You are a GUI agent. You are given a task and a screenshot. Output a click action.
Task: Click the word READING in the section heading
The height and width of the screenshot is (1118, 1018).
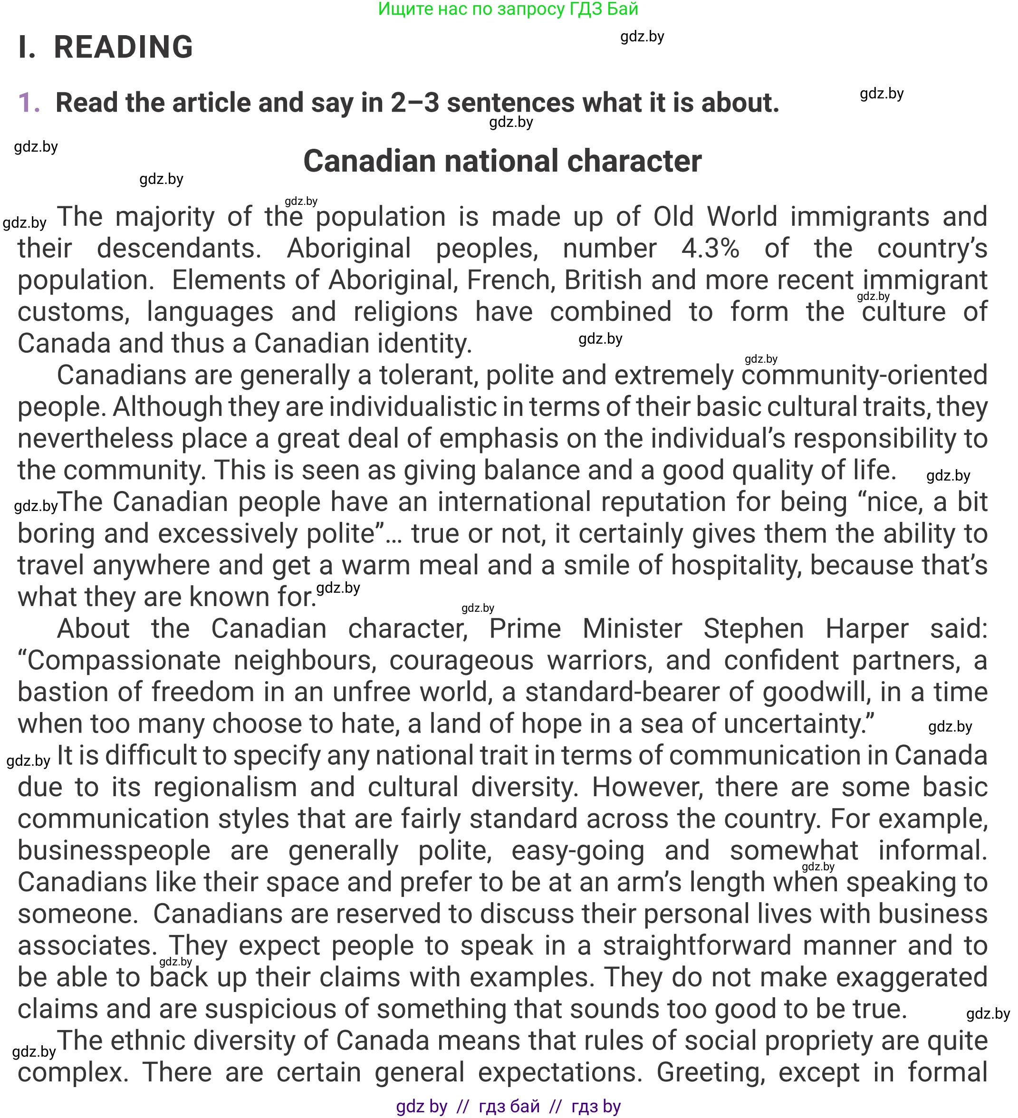(x=123, y=47)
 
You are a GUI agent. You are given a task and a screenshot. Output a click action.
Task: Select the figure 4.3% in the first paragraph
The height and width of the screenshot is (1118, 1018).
(x=710, y=249)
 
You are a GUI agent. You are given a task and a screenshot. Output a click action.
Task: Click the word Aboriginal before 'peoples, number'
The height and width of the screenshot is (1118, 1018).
(x=348, y=249)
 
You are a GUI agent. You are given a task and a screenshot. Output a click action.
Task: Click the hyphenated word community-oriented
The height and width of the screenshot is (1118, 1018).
(x=864, y=376)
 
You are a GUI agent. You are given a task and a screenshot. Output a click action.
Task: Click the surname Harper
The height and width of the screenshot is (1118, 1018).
(x=867, y=629)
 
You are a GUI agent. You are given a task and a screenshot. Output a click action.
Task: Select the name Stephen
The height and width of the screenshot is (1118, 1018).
(x=754, y=629)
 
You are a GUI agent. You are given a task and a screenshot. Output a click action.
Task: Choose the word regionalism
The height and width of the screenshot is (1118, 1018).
(x=225, y=788)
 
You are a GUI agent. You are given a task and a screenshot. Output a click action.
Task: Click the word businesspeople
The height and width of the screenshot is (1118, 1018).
(x=114, y=851)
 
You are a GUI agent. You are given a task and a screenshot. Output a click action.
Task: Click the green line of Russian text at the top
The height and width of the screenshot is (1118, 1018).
(x=508, y=9)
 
